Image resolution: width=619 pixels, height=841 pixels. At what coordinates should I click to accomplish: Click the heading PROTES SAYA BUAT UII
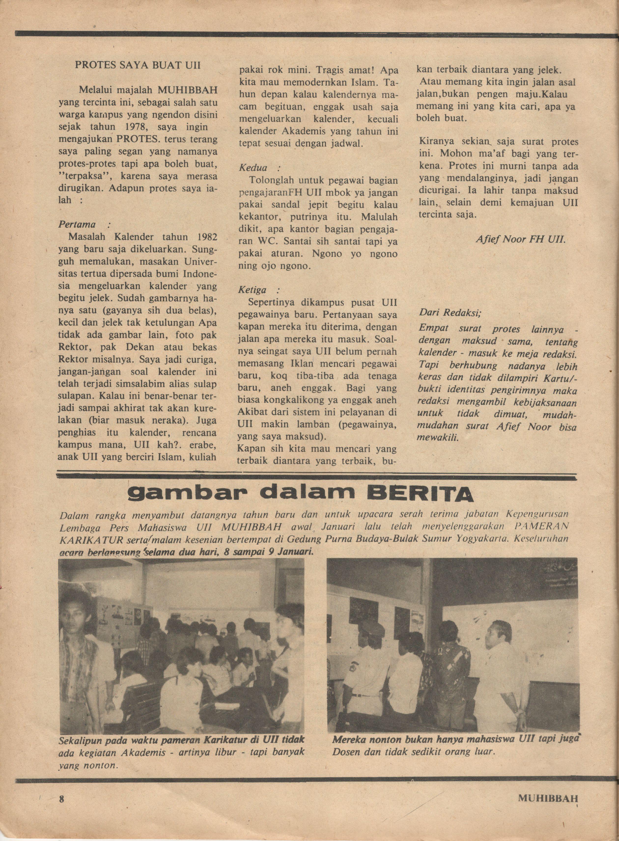coord(138,65)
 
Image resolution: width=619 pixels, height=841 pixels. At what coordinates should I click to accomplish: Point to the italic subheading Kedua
coord(254,167)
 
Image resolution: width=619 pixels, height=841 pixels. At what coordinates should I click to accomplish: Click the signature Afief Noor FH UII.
coord(520,239)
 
